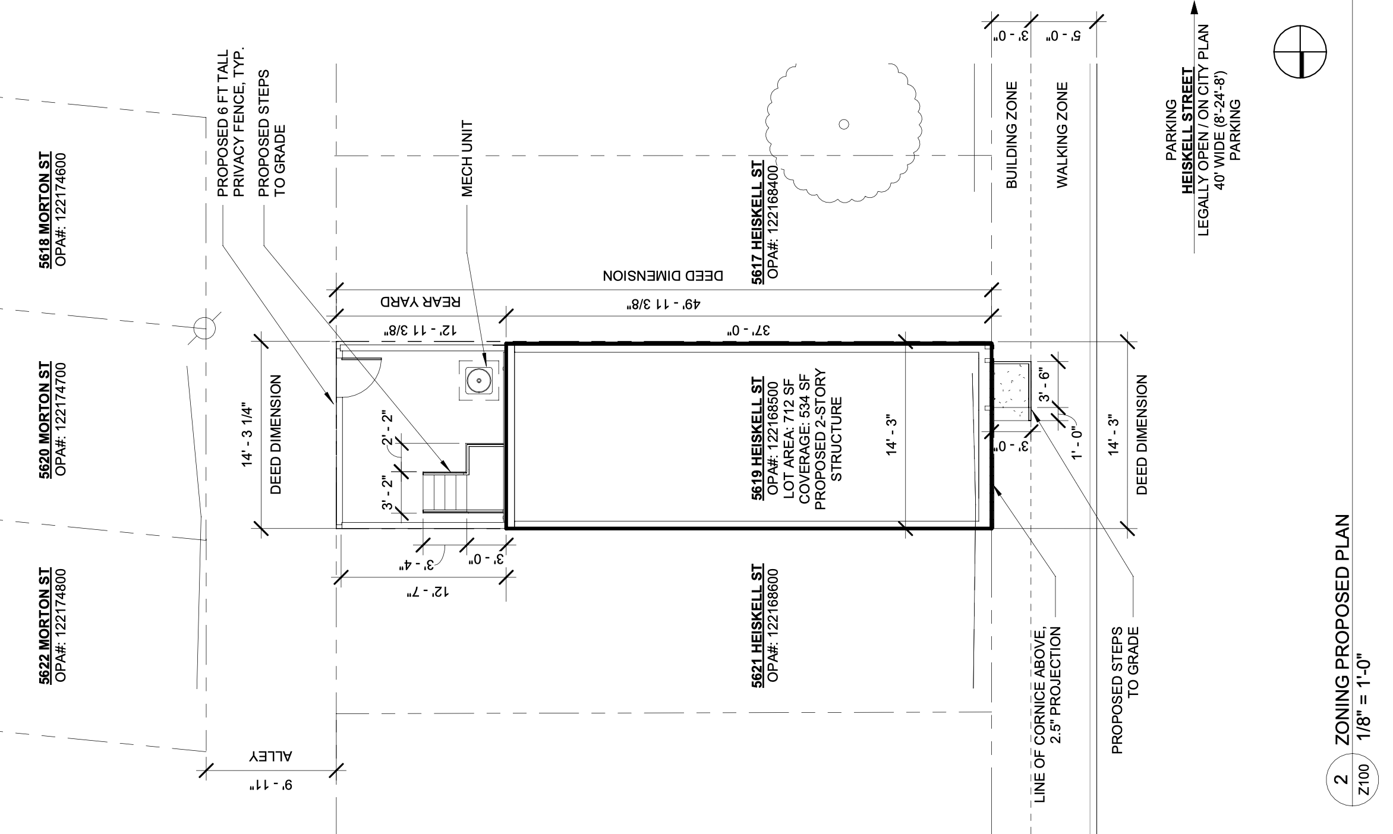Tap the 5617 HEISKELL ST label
coord(757,222)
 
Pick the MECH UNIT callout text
coord(468,159)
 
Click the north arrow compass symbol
coord(1300,52)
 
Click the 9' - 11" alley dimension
coord(272,786)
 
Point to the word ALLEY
coord(272,757)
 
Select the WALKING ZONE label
coord(1063,135)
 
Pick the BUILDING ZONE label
coord(1012,135)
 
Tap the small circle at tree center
coord(843,124)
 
